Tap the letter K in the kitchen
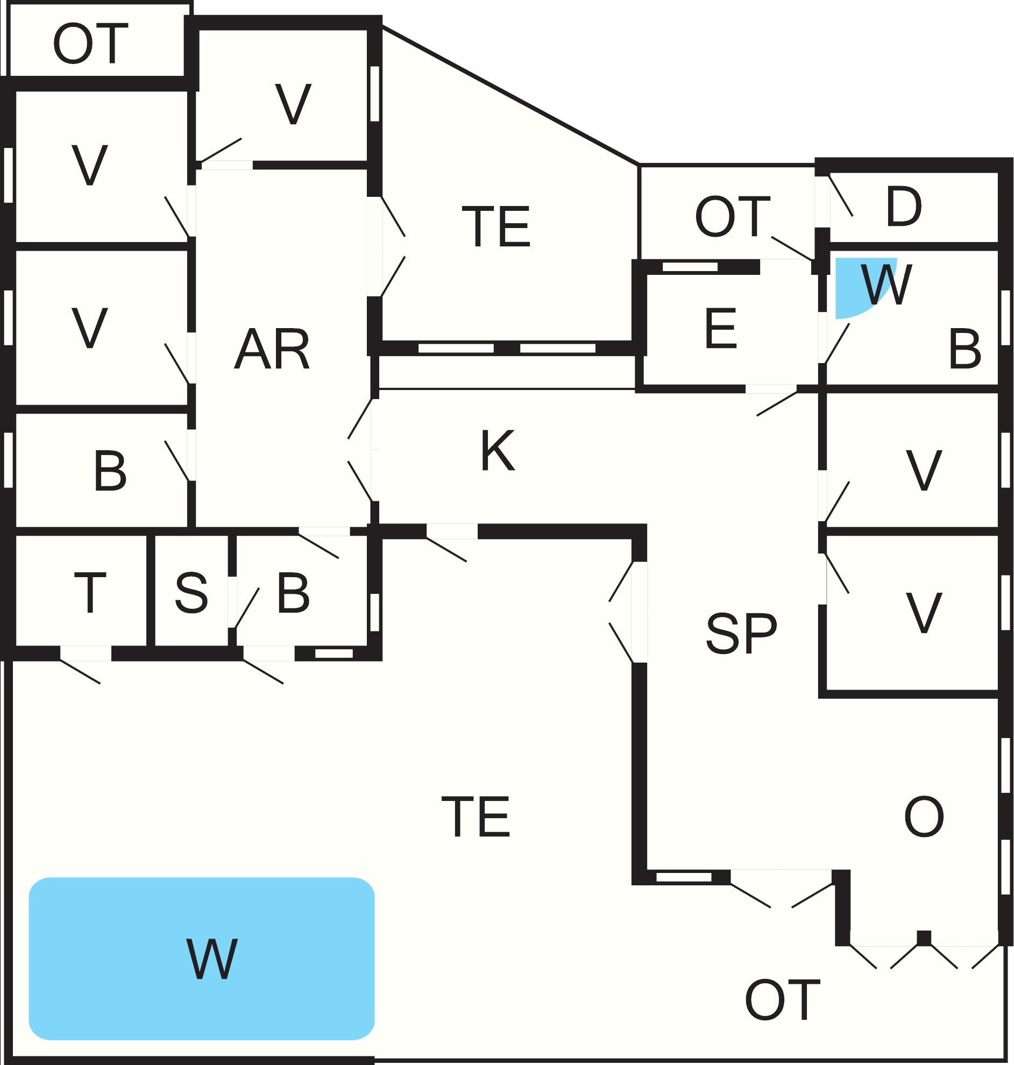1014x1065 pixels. coord(497,451)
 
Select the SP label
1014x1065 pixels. coord(741,633)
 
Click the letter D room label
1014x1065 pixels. coord(903,207)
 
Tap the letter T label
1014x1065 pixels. coord(90,593)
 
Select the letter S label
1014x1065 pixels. coord(192,593)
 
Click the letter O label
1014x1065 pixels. coord(924,816)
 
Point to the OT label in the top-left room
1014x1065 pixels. coord(90,44)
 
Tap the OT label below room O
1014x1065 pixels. coord(782,1000)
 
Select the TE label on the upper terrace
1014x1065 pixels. coord(496,226)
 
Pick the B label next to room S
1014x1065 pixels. coord(293,593)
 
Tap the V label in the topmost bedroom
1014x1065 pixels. coord(293,104)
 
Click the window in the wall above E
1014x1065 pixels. coord(690,267)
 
